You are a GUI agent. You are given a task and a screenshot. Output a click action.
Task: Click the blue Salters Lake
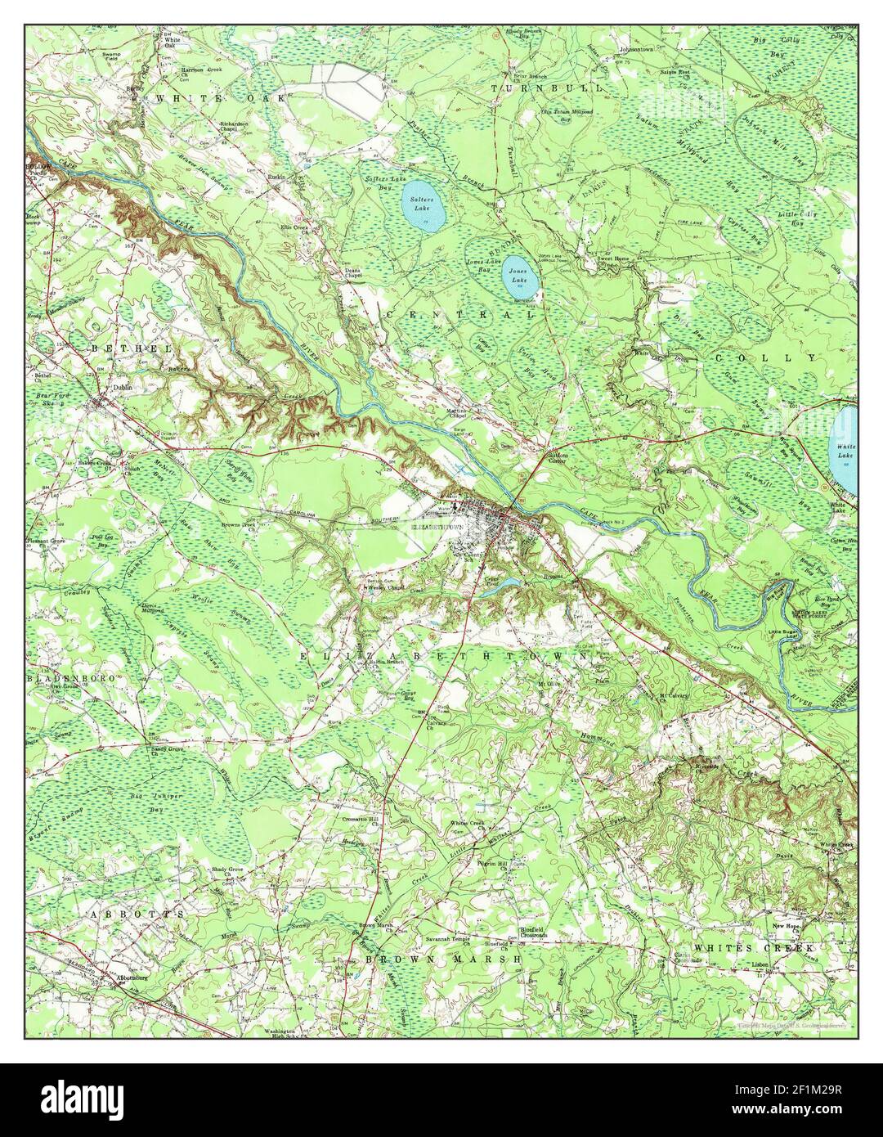point(424,207)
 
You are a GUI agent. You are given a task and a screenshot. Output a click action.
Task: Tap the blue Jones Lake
point(518,273)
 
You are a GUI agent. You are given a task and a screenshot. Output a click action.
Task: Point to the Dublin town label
point(123,389)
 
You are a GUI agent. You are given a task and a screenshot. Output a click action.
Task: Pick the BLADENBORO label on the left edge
point(65,679)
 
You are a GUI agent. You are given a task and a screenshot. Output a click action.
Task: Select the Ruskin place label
point(276,175)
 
